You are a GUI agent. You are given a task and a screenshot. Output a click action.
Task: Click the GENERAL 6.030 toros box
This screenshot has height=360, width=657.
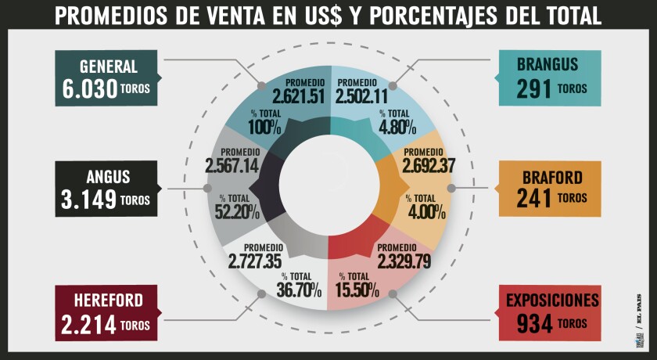point(106,79)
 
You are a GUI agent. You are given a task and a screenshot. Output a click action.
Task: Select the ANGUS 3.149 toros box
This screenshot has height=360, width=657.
point(106,189)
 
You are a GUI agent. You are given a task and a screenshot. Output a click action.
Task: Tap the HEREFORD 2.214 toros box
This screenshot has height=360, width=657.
point(106,312)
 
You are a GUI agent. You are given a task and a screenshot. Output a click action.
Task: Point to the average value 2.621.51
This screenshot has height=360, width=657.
point(298,97)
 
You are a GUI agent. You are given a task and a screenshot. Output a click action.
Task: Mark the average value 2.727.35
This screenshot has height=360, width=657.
point(255,261)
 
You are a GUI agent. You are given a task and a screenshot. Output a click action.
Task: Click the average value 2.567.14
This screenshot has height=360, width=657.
point(232,166)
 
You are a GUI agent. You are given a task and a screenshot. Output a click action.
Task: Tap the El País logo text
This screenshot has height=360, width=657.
point(639,322)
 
